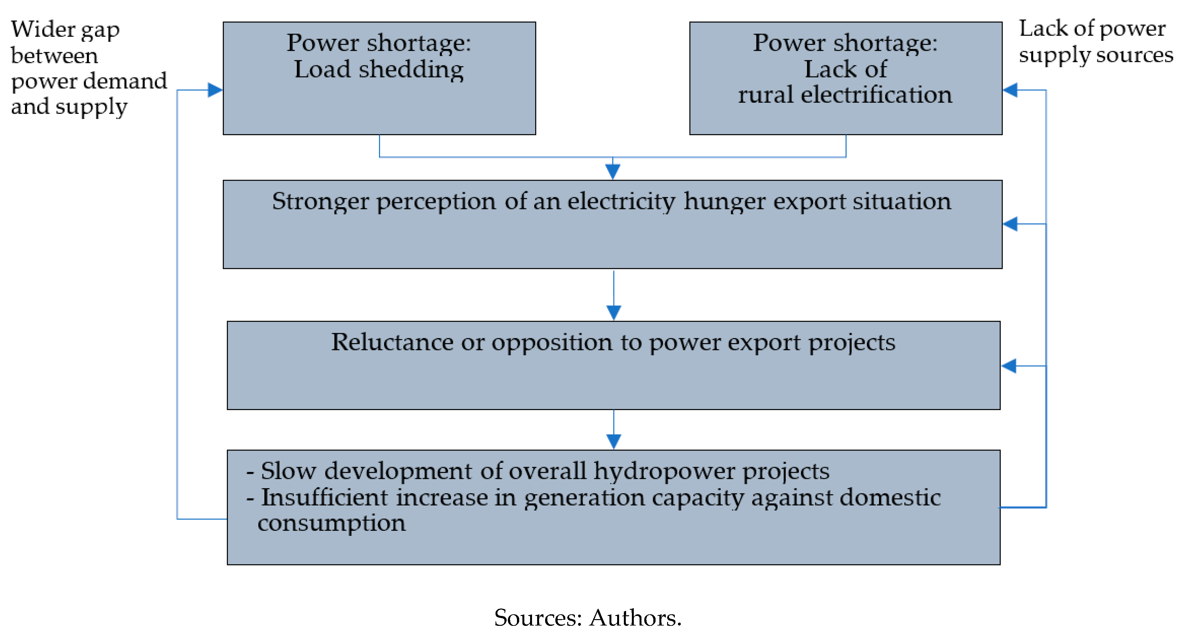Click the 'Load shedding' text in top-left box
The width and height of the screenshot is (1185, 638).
[x=379, y=69]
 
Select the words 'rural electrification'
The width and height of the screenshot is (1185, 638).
[x=845, y=95]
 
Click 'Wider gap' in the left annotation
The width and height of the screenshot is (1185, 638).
[x=65, y=30]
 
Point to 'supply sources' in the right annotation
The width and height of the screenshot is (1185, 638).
[x=1096, y=55]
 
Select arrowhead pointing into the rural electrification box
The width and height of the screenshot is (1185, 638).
[x=1010, y=90]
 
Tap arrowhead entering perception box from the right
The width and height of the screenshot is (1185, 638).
[x=1010, y=224]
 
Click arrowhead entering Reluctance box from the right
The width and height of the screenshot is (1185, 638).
[x=1009, y=366]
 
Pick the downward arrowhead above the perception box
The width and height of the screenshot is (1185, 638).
[x=612, y=172]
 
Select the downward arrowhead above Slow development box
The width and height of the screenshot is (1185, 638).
[x=614, y=441]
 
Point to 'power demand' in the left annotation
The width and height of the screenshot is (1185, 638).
[x=89, y=81]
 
